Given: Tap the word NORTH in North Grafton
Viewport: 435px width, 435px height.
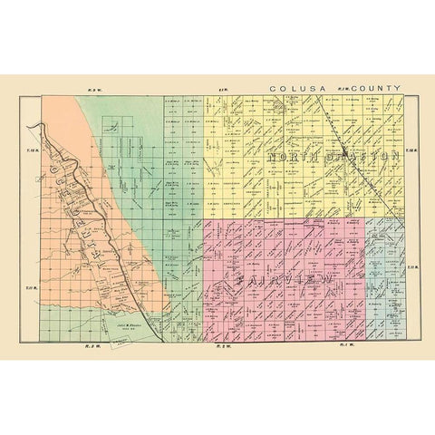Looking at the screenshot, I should (291, 158).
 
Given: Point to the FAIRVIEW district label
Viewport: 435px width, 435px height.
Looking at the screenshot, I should (283, 283).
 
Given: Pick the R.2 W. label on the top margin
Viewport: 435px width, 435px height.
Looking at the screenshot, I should (221, 91).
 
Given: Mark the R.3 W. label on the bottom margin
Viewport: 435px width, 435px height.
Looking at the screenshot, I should (91, 345).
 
